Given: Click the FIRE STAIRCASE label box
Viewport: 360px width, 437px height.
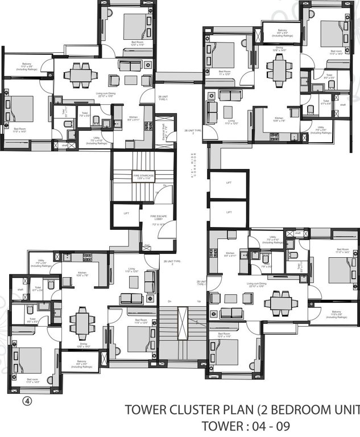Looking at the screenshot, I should click(x=143, y=177).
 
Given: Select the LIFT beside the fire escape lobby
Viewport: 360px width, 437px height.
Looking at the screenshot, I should click(x=126, y=214).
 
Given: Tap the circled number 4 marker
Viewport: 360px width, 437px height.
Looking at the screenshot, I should click(x=26, y=400).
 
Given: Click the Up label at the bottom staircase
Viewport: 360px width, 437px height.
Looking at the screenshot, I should click(x=198, y=301).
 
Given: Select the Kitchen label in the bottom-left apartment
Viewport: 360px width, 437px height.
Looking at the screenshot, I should click(x=82, y=274).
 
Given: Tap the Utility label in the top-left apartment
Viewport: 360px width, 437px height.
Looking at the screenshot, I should click(x=96, y=141).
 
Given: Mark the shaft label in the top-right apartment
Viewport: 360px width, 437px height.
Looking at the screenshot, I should click(x=343, y=105).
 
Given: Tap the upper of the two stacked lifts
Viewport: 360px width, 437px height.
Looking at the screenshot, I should click(x=229, y=183).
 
